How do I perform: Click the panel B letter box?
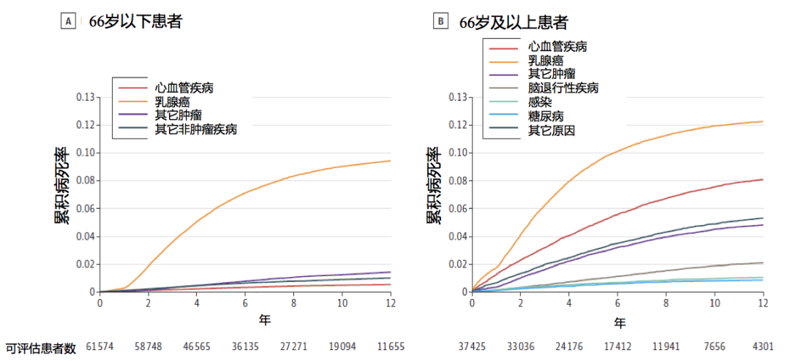click(x=440, y=22)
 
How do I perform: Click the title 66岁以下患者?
click(x=135, y=22)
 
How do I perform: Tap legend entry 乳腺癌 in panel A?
click(x=174, y=102)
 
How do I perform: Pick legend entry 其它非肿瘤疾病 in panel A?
click(x=196, y=129)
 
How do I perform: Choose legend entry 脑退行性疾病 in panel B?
click(x=563, y=88)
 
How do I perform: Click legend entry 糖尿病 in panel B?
click(x=546, y=116)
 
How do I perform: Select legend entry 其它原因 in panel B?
click(x=552, y=130)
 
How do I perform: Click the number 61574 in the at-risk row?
click(x=101, y=346)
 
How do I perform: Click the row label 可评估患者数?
click(x=40, y=347)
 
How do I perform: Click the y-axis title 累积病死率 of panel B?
click(x=434, y=186)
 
